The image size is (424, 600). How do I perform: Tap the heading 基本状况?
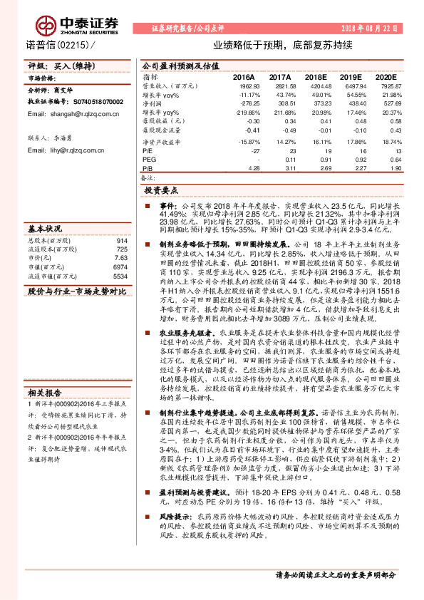point(46,228)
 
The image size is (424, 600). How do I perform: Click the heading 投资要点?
point(162,192)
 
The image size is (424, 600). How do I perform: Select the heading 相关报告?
point(46,391)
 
